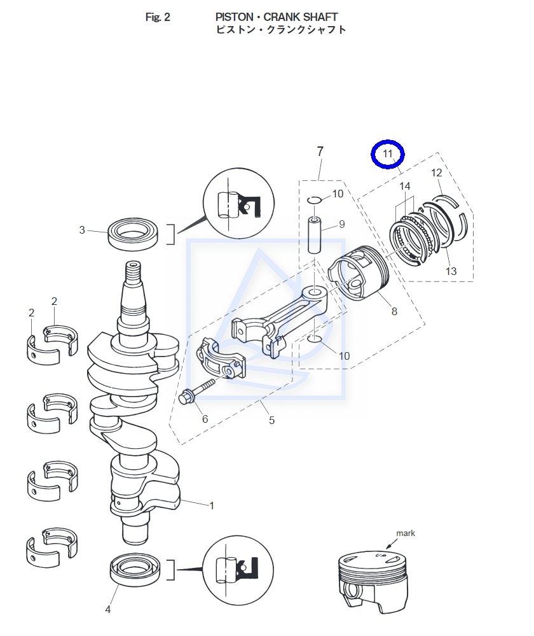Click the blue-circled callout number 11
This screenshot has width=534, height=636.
coord(388,154)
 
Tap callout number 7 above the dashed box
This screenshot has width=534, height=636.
coord(320,152)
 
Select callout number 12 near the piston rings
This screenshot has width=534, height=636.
coord(436,173)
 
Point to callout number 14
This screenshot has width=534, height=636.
coord(405,186)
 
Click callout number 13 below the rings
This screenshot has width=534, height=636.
coord(451,271)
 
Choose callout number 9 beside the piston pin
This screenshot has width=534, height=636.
coord(341,224)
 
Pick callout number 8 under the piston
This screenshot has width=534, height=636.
coord(394,311)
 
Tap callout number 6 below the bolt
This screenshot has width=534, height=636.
coord(205,419)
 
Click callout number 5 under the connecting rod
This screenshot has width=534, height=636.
coord(271,420)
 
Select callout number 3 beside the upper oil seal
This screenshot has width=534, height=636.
coord(82,230)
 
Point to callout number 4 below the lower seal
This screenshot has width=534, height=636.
coord(108,609)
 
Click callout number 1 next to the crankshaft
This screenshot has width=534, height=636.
coord(212,505)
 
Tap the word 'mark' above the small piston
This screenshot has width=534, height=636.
coord(406,533)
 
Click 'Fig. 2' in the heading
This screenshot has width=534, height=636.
coord(158,17)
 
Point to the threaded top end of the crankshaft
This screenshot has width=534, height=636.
coord(132,276)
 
